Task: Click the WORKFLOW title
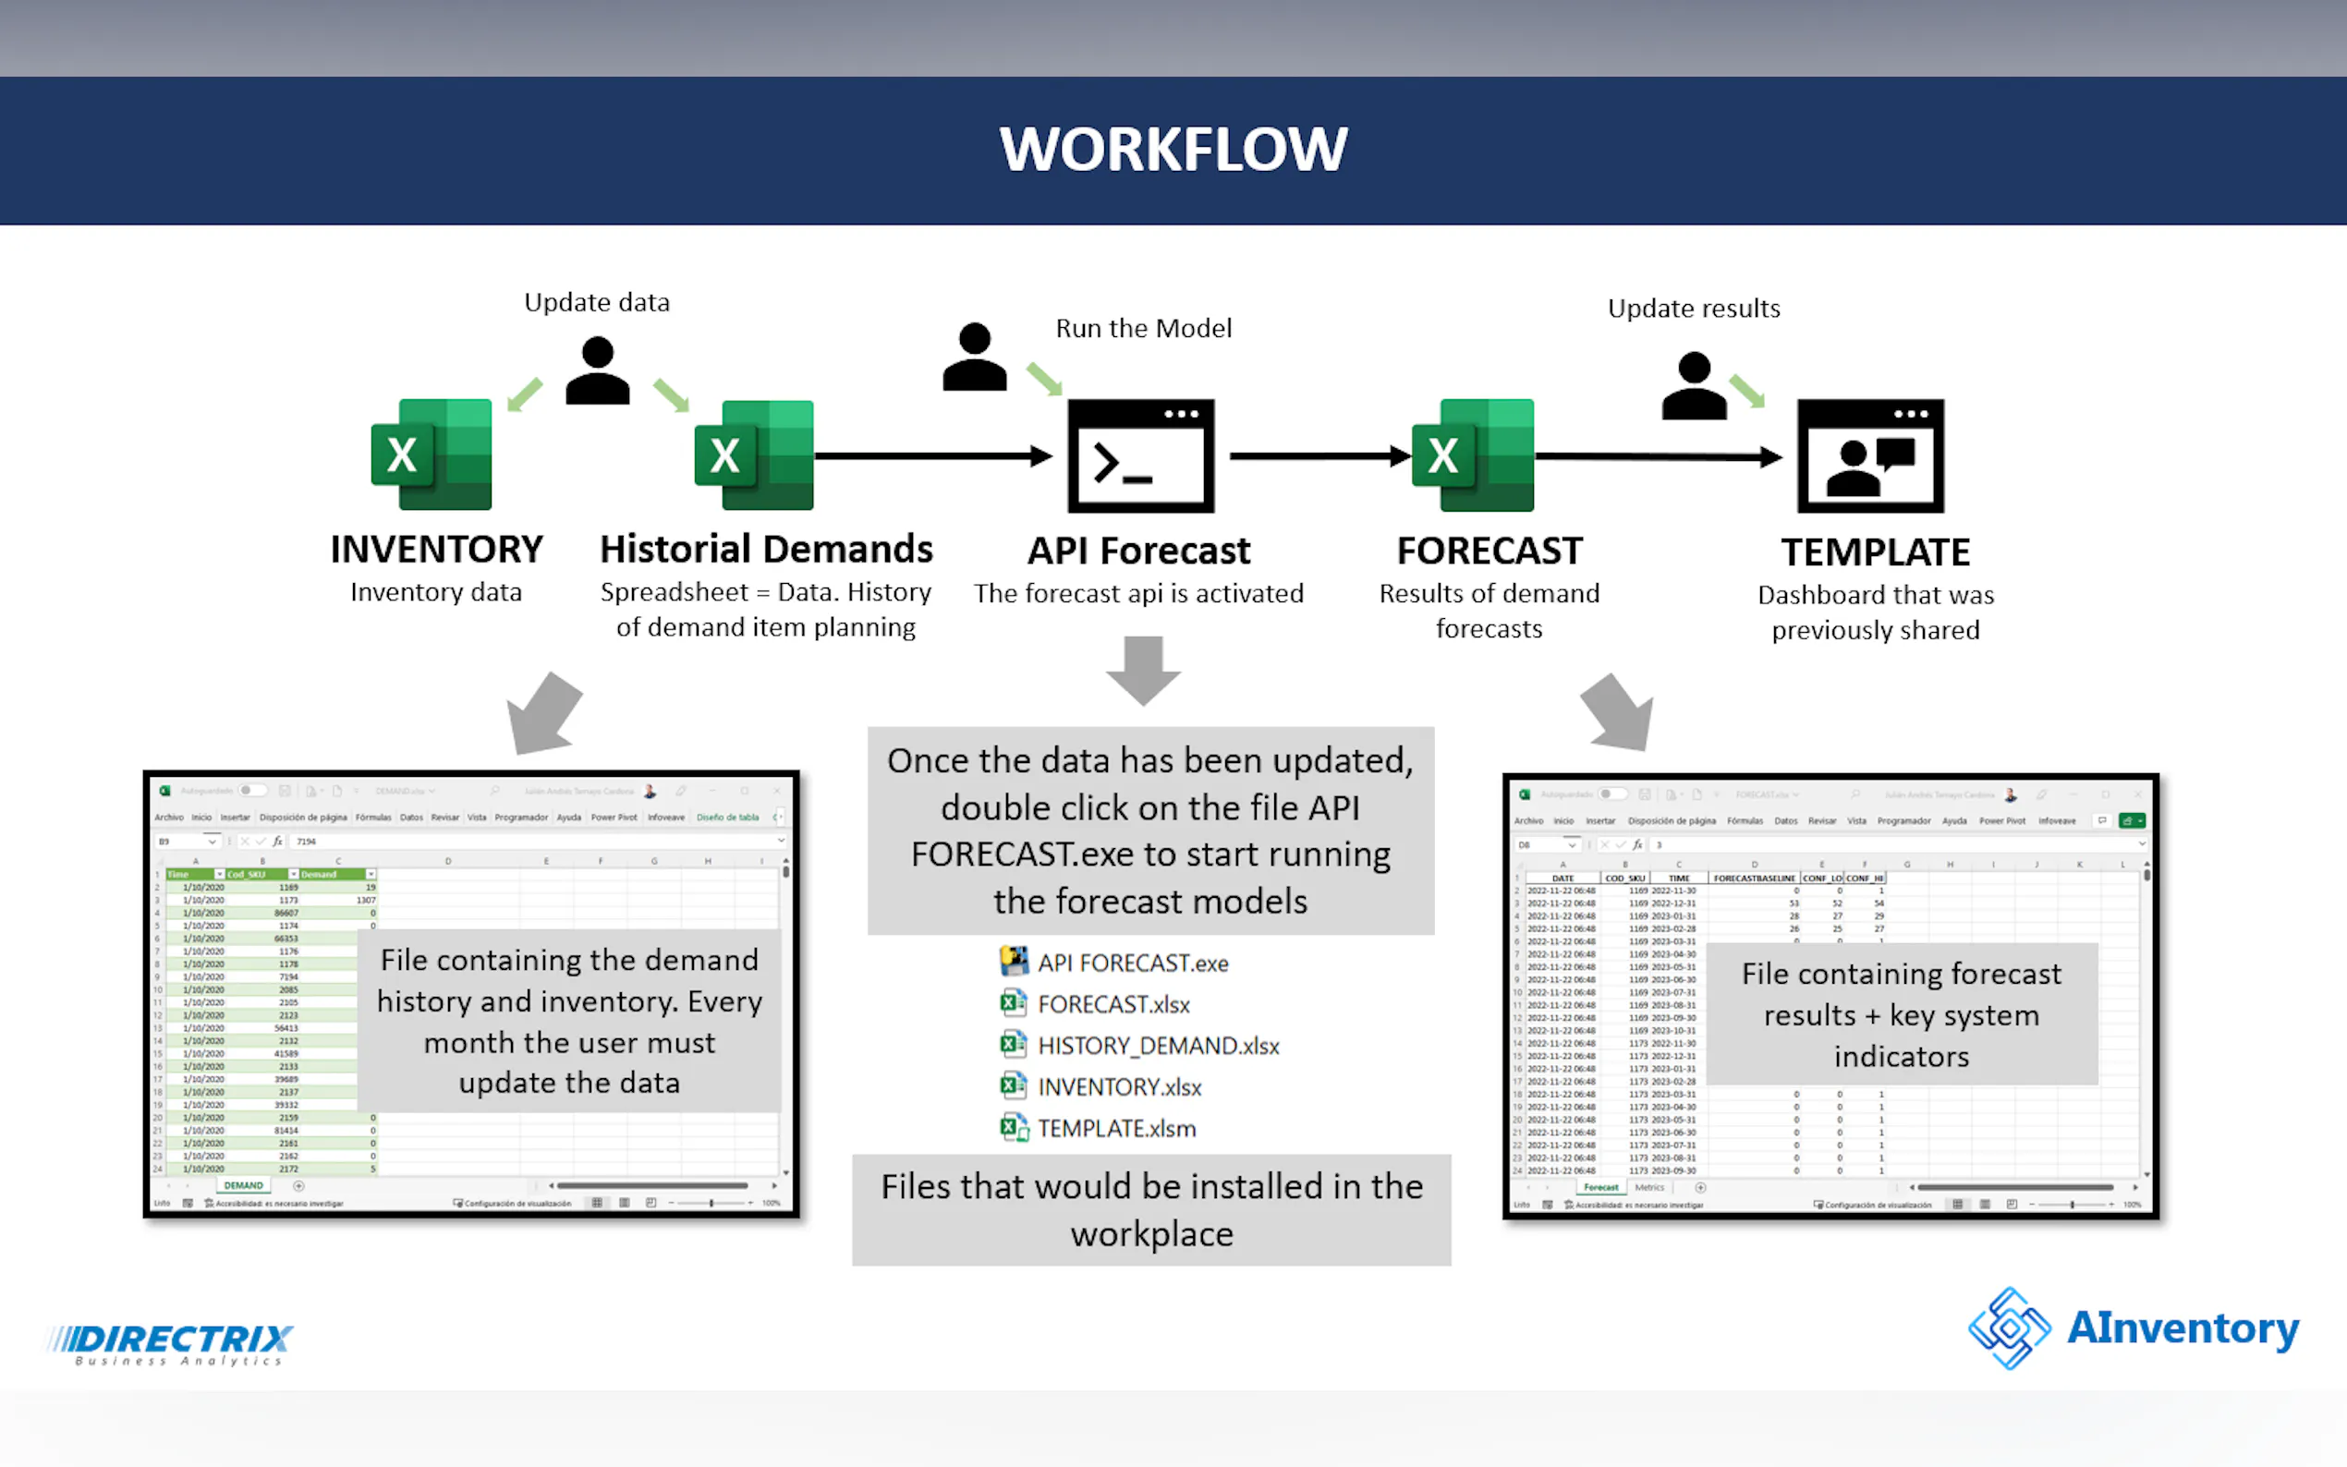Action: point(1173,150)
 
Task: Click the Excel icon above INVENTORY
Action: point(432,455)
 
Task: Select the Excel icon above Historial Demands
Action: point(755,455)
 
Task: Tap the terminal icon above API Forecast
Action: point(1141,455)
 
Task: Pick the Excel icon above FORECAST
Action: point(1473,455)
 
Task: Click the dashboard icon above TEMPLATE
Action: point(1870,455)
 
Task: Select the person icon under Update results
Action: point(1694,385)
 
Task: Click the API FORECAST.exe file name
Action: point(1132,964)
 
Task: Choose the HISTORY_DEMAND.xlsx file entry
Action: point(1158,1046)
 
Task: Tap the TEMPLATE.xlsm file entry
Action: point(1116,1128)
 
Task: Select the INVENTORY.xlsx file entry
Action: point(1119,1087)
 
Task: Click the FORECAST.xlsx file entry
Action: point(1113,1004)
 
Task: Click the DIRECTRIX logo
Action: point(171,1343)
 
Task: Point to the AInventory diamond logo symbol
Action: point(2010,1328)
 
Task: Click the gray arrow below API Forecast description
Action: point(1143,670)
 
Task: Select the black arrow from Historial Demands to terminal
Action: point(932,455)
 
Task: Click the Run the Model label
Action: point(1143,329)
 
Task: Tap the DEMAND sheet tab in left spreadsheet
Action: point(243,1185)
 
